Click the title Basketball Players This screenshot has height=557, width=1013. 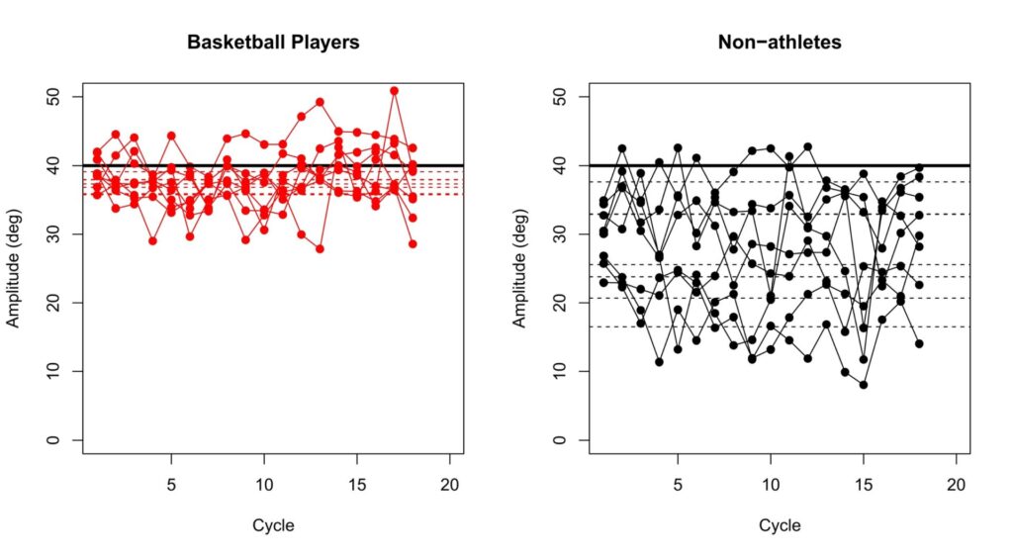tap(273, 44)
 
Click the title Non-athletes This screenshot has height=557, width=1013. tap(780, 44)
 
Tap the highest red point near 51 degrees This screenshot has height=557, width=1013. tap(394, 91)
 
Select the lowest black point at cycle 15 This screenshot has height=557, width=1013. tap(864, 385)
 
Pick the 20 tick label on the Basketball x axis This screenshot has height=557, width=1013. tap(450, 487)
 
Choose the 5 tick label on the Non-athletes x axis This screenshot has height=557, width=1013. tap(678, 487)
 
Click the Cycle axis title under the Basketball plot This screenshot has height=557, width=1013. tap(273, 525)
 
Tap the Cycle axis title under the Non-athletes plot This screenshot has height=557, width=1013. tap(780, 525)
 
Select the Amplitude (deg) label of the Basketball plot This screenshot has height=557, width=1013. tap(15, 269)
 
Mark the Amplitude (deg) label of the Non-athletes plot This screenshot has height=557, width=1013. tap(520, 269)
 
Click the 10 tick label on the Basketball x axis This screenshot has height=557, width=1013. tap(264, 487)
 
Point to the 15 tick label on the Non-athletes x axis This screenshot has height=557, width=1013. tap(864, 487)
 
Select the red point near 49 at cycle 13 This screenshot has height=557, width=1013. tap(320, 102)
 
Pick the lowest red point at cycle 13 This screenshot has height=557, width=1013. tap(320, 249)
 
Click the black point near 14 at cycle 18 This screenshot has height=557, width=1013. tap(919, 344)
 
